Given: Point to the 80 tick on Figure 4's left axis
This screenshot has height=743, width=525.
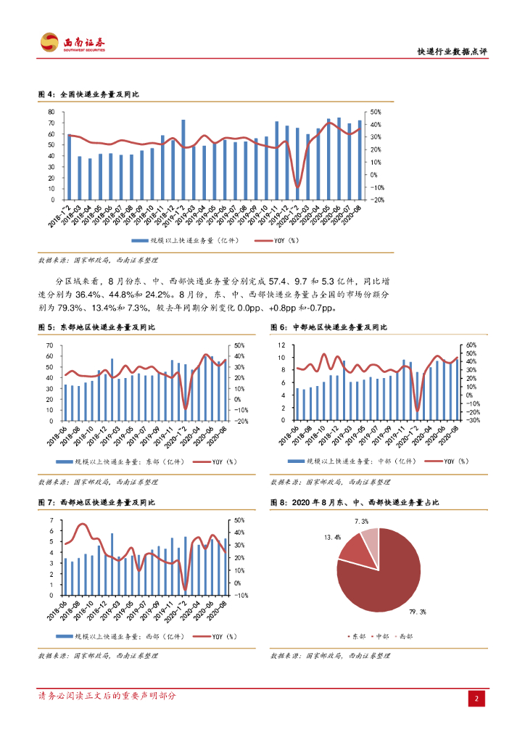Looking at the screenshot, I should point(51,112).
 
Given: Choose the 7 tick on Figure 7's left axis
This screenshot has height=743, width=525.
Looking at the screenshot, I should point(51,520).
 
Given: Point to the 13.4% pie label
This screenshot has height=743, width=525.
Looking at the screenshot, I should point(332,538).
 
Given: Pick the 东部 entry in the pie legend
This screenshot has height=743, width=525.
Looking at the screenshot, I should point(358,636).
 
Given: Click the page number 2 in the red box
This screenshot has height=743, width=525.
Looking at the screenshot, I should point(478,698).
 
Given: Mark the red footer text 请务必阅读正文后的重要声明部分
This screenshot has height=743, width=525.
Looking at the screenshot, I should point(107,696).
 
